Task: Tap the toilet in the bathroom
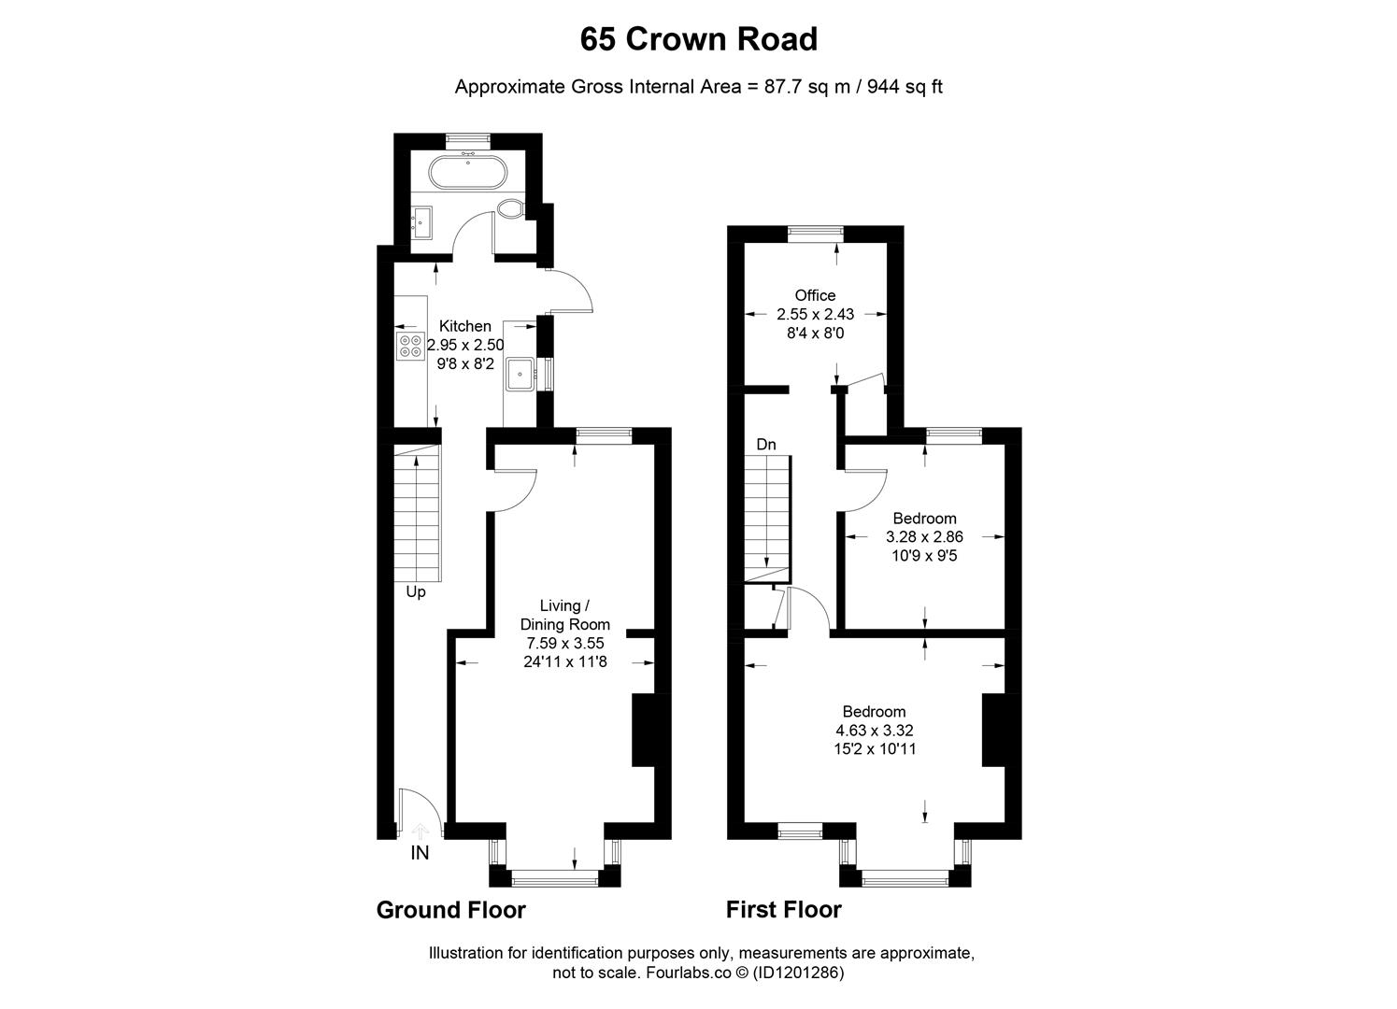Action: point(511,209)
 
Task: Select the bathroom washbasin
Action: point(422,222)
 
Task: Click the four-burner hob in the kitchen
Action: point(410,347)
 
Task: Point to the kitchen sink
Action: point(520,374)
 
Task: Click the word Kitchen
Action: point(464,326)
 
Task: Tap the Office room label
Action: point(815,295)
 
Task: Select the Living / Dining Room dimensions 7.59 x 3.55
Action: point(565,643)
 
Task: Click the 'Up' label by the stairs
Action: point(416,591)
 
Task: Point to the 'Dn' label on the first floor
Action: point(766,445)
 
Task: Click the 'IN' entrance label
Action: point(420,852)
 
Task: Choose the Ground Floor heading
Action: point(451,910)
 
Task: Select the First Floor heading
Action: point(783,910)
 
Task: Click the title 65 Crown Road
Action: point(699,39)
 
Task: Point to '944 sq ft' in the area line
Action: point(905,87)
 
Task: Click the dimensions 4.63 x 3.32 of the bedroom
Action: point(875,730)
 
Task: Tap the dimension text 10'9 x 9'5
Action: point(924,555)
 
